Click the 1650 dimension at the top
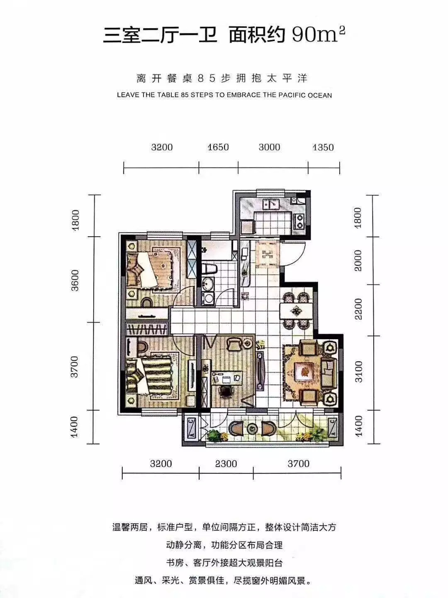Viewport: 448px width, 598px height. point(218,147)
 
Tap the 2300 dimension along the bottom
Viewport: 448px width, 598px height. point(226,463)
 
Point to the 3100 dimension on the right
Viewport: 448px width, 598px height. point(359,372)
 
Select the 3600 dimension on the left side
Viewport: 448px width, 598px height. point(75,280)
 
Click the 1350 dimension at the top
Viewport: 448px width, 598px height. point(323,147)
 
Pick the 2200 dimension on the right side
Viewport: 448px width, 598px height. point(359,309)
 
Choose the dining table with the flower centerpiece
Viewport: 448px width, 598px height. point(296,311)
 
